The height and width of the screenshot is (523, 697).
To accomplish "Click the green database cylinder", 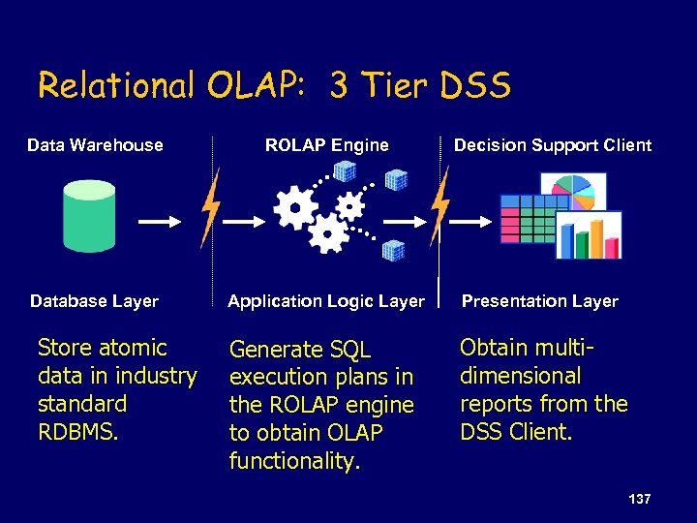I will pyautogui.click(x=89, y=215).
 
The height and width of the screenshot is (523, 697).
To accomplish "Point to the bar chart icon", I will pyautogui.click(x=590, y=235).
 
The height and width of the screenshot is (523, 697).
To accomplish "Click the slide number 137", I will pyautogui.click(x=639, y=499).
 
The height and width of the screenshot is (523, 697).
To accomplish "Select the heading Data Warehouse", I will pyautogui.click(x=95, y=145).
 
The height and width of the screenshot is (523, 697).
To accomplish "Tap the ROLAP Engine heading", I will pyautogui.click(x=327, y=145).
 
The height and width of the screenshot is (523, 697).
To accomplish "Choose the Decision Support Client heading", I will pyautogui.click(x=553, y=145).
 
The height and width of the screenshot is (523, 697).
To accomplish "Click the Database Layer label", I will pyautogui.click(x=94, y=301).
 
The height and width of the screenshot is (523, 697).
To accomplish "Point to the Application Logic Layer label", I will pyautogui.click(x=326, y=301).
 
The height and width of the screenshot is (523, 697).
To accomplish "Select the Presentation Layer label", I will pyautogui.click(x=539, y=301).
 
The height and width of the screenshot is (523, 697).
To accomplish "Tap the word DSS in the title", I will pyautogui.click(x=473, y=86).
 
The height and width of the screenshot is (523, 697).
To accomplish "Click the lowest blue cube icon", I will pyautogui.click(x=392, y=250).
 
